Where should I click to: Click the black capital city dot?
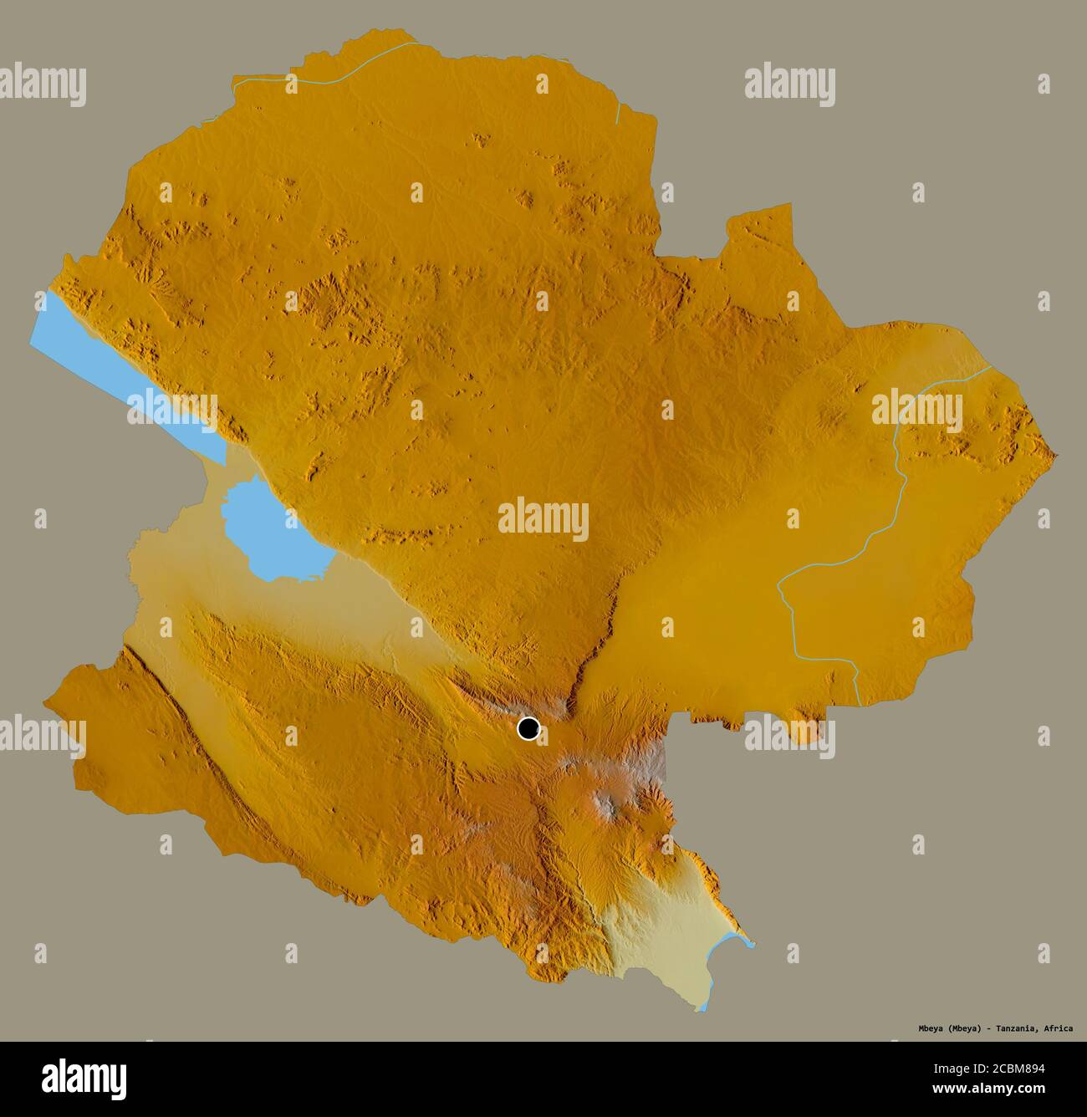[x=528, y=728]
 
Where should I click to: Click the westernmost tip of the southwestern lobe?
[x=45, y=699]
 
